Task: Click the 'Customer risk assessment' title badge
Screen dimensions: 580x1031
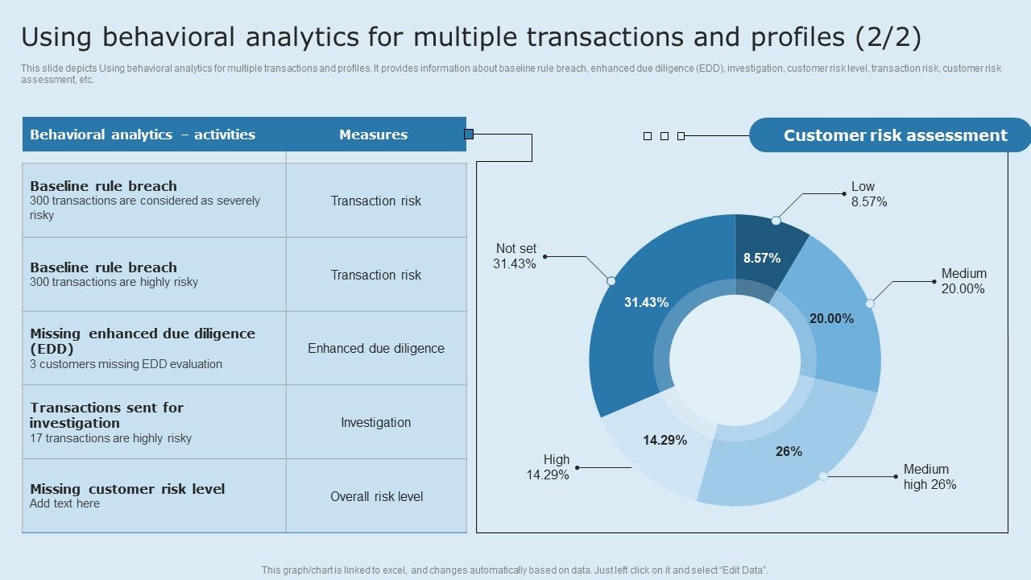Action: point(894,135)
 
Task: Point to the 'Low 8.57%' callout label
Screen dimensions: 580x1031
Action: point(869,194)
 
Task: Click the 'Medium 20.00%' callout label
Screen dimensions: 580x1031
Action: point(963,281)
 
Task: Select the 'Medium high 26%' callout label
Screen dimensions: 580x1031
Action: point(930,477)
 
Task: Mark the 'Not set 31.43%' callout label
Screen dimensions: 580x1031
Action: point(515,256)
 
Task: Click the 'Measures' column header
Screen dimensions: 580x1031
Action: point(373,135)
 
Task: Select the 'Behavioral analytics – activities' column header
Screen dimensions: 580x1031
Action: point(143,135)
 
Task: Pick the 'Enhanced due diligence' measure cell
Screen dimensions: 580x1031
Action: point(375,348)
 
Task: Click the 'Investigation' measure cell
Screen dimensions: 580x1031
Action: point(375,422)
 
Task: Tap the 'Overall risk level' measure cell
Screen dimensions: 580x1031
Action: point(375,496)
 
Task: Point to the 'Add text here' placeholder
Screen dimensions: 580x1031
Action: point(64,503)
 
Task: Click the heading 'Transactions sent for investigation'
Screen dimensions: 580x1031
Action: point(106,415)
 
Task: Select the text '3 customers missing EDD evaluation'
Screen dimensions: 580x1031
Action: point(126,364)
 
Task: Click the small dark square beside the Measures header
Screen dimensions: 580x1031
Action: point(469,134)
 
